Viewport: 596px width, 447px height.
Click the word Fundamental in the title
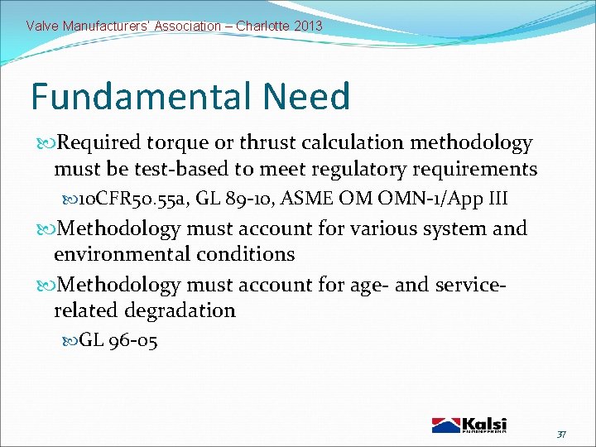tap(143, 96)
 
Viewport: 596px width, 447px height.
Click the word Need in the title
tap(307, 96)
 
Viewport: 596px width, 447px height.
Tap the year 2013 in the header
tap(307, 26)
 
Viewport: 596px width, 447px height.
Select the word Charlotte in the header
tap(262, 26)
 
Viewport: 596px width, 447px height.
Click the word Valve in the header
tap(42, 26)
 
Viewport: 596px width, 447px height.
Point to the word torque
tap(178, 143)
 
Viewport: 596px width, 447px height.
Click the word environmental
tap(120, 254)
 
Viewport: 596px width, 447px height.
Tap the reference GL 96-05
tap(118, 340)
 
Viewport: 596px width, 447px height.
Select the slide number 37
tap(560, 434)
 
